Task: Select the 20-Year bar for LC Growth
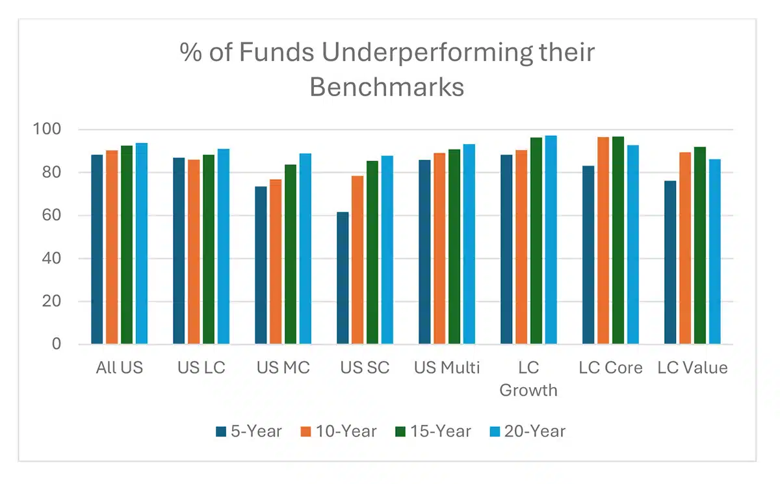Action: point(551,240)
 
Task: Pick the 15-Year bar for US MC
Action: point(291,254)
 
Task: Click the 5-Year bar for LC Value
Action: point(670,262)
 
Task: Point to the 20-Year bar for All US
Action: point(142,244)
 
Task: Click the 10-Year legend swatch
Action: point(305,431)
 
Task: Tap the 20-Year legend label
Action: point(537,431)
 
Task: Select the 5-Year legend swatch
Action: point(220,431)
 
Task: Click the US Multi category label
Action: point(447,368)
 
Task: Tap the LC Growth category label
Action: point(528,379)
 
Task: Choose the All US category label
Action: point(119,368)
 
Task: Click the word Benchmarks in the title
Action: point(387,86)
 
